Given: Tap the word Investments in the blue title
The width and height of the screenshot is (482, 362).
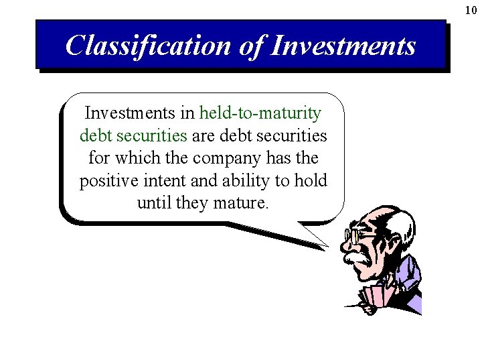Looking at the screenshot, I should (x=344, y=46).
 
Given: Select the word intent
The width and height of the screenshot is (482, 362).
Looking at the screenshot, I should (x=159, y=181).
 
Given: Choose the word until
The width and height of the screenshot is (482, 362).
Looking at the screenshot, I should (x=154, y=202).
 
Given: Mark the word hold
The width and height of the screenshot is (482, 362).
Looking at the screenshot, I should (x=311, y=181).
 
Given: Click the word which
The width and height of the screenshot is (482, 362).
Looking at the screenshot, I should (x=140, y=158).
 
